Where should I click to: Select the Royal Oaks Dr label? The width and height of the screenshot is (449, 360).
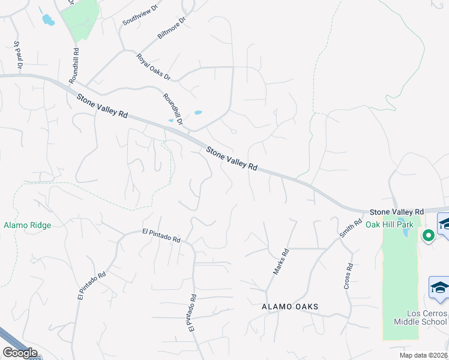click(x=154, y=67)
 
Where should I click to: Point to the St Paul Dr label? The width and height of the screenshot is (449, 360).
click(x=18, y=55)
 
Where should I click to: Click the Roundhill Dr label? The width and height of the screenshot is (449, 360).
click(x=172, y=109)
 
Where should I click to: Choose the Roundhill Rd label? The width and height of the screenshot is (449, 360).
click(x=74, y=65)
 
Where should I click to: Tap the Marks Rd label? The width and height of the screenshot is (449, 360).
click(x=281, y=262)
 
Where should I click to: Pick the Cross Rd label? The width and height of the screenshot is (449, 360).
click(x=349, y=276)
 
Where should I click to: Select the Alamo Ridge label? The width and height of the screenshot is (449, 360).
click(x=27, y=225)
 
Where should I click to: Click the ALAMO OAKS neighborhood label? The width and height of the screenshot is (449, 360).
click(x=290, y=307)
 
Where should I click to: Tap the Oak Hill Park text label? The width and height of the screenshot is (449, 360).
click(x=390, y=224)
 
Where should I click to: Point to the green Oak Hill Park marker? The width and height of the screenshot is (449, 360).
click(x=428, y=236)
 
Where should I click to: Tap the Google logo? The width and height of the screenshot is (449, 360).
click(x=20, y=353)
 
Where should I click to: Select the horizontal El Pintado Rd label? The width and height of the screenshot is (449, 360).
click(x=161, y=235)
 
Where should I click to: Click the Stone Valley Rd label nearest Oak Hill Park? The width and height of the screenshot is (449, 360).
click(x=397, y=212)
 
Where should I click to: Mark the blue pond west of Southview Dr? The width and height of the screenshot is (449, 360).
click(x=47, y=20)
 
